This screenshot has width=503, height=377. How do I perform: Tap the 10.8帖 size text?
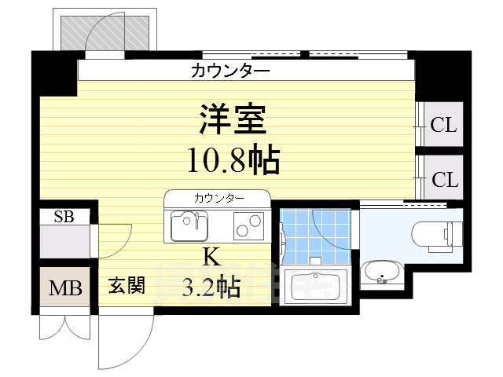tap(233, 161)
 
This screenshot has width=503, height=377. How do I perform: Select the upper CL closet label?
tap(444, 124)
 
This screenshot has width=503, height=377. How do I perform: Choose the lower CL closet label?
tap(444, 180)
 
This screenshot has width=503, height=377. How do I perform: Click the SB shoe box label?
tap(64, 217)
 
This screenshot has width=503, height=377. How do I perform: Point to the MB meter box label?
tap(65, 288)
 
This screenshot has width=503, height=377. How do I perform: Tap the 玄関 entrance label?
tap(127, 285)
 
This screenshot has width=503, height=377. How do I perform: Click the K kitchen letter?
tap(210, 256)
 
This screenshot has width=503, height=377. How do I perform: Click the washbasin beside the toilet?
tap(382, 273)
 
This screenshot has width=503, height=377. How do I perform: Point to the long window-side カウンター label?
tap(230, 71)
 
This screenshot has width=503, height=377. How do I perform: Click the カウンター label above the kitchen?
tap(218, 196)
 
